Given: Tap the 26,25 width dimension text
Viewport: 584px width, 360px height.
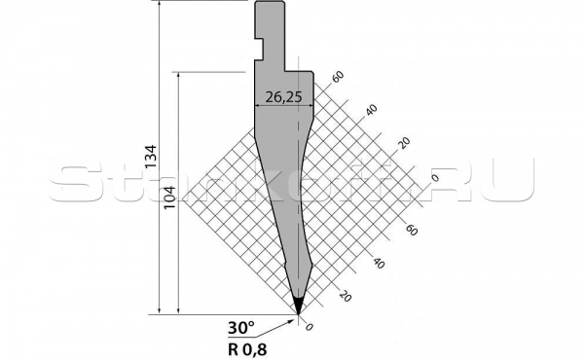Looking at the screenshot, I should click(282, 98).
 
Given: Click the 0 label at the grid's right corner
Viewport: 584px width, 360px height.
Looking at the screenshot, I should click(435, 178).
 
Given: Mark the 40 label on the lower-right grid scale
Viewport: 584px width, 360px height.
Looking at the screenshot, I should click(377, 263).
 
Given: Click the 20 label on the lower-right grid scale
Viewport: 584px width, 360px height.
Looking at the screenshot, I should click(343, 296).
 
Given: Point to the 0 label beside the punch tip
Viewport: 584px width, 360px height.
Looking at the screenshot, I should click(310, 328).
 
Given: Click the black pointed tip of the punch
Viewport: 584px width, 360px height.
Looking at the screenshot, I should click(298, 305).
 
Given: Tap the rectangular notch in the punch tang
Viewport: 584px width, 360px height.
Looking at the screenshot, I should click(261, 43).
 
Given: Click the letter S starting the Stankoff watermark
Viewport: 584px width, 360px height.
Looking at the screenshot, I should click(70, 181).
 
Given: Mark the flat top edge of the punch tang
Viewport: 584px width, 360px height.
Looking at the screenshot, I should click(271, 2).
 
